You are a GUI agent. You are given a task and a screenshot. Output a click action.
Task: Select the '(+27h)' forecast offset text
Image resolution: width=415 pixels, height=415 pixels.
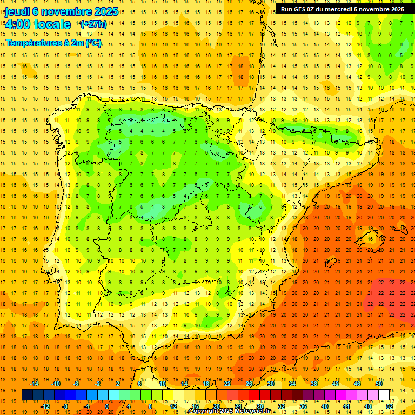tap(93, 24)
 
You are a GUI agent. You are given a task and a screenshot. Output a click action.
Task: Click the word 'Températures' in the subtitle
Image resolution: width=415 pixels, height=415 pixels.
tap(31, 43)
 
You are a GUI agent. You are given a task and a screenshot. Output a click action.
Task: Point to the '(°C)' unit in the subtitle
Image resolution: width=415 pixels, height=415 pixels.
tap(93, 43)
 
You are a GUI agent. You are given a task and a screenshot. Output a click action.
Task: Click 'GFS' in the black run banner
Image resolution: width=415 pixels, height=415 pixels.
tap(302, 9)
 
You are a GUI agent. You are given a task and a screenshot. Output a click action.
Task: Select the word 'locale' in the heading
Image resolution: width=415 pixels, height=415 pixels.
tap(52, 24)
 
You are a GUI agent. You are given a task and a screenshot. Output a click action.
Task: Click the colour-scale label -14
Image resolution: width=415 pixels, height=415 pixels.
tap(35, 384)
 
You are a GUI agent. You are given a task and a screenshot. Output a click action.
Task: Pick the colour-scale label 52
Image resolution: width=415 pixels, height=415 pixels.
tap(390, 406)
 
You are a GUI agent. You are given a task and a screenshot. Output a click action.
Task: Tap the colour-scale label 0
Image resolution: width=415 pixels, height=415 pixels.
tap(106, 406)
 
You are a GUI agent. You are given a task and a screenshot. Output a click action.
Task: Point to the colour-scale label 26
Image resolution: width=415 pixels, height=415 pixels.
tap(249, 384)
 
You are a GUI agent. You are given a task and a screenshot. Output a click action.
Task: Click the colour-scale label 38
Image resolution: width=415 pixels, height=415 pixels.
tap(314, 384)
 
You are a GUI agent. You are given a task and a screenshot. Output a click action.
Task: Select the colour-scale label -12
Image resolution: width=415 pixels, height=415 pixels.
tap(46, 406)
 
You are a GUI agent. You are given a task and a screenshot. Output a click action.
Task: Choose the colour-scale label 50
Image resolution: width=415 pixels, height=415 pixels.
tap(379, 384)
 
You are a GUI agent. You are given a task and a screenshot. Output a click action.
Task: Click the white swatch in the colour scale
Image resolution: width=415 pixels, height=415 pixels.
tap(384, 395)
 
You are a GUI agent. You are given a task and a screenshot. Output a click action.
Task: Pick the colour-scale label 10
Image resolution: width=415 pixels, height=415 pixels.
tap(162, 384)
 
